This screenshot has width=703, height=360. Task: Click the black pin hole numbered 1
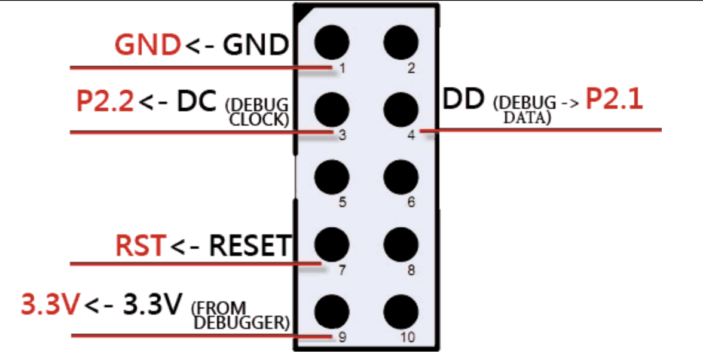coord(331,42)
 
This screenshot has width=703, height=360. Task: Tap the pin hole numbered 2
coord(401,42)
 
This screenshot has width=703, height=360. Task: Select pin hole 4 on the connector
coord(401,109)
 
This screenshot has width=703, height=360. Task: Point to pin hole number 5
coord(331,176)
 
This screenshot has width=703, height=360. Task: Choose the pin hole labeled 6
coord(401,176)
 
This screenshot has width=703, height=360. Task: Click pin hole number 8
coord(401,243)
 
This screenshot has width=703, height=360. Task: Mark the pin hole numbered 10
coord(401,310)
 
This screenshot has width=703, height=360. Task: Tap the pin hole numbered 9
coord(331,310)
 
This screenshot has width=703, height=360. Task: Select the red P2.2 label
coord(105,102)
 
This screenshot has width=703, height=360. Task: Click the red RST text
coord(139,246)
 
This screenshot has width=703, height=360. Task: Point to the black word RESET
coord(249,246)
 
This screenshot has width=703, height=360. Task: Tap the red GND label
coord(148,45)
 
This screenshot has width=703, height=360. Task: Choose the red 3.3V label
coord(50,306)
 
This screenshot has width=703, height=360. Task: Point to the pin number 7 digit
coord(342,270)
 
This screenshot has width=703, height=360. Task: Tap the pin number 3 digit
coord(342,135)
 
